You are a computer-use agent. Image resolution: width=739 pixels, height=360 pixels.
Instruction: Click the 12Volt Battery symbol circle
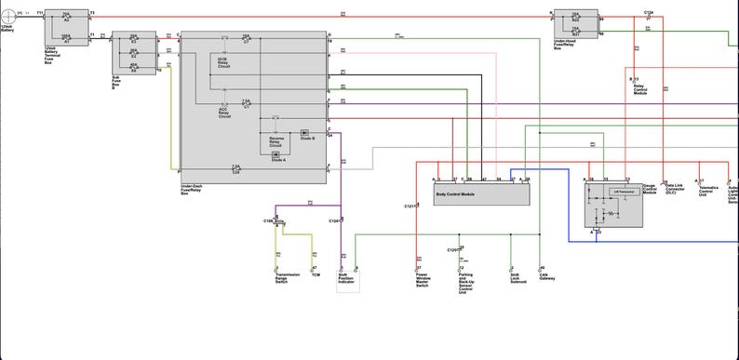[x=7, y=16]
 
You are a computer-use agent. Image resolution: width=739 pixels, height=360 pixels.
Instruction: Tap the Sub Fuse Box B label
[x=117, y=81]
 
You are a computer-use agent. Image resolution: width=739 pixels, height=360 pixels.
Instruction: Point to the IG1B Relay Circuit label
[x=225, y=63]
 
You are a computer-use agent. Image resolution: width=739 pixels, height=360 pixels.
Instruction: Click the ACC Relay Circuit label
[x=225, y=113]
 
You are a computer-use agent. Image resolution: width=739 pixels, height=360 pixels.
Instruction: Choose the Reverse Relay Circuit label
[x=276, y=141]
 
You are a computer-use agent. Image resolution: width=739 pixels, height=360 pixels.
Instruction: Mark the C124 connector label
[x=648, y=12]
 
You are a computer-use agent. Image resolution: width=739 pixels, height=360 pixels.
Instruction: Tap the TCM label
[x=316, y=274]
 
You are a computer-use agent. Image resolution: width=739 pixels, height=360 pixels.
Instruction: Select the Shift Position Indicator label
[x=346, y=278]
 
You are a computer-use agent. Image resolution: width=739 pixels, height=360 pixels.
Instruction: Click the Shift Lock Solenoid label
[x=517, y=278]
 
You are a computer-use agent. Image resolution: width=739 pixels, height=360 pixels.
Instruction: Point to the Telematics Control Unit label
[x=709, y=191]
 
